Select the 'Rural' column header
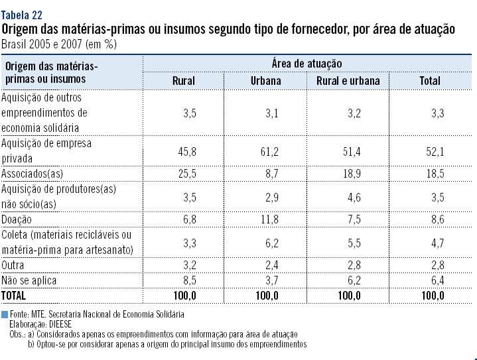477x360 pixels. point(184,81)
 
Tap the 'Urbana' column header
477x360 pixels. point(266,81)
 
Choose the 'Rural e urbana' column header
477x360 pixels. point(348,81)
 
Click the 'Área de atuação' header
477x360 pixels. point(307,64)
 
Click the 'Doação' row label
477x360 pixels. point(17,219)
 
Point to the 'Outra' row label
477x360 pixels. point(15,265)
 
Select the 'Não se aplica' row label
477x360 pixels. point(29,280)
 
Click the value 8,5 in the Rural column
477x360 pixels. point(190,280)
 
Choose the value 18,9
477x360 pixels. point(352,174)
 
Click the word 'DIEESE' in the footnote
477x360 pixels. point(62,325)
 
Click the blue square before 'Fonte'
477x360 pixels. point(5,314)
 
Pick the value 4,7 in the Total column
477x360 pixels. point(437,243)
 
